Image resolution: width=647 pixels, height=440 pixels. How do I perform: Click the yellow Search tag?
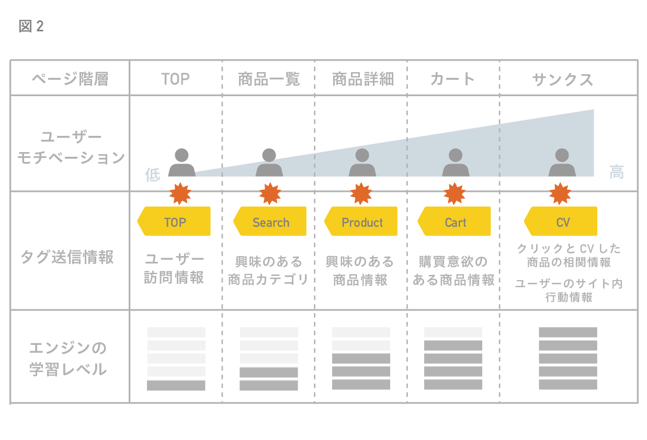pyautogui.click(x=270, y=222)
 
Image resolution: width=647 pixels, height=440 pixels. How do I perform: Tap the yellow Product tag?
pyautogui.click(x=361, y=222)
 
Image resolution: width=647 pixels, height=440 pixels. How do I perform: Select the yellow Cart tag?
pyautogui.click(x=455, y=222)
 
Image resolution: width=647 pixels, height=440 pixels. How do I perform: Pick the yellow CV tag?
pyautogui.click(x=562, y=222)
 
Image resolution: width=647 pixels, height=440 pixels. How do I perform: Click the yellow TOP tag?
pyautogui.click(x=175, y=222)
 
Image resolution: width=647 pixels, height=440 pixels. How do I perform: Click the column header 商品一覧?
pyautogui.click(x=269, y=79)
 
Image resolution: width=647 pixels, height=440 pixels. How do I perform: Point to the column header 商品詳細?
pyautogui.click(x=362, y=79)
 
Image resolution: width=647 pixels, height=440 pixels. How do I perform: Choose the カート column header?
pyautogui.click(x=452, y=79)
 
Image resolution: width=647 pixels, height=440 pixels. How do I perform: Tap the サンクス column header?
pyautogui.click(x=563, y=79)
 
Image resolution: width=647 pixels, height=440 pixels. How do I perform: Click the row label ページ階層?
pyautogui.click(x=70, y=79)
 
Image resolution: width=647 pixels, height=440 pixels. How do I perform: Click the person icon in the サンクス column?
pyautogui.click(x=562, y=163)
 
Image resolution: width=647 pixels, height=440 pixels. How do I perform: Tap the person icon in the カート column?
pyautogui.click(x=456, y=163)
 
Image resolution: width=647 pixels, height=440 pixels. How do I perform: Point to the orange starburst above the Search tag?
pyautogui.click(x=270, y=194)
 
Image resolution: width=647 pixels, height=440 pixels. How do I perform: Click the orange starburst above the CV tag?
pyautogui.click(x=560, y=194)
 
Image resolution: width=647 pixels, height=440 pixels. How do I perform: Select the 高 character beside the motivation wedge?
pyautogui.click(x=617, y=172)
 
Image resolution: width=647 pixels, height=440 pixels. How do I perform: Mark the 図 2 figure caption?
pyautogui.click(x=31, y=27)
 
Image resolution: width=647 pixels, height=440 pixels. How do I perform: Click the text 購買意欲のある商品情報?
pyautogui.click(x=453, y=271)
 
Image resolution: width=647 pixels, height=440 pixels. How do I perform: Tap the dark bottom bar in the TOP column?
pyautogui.click(x=176, y=386)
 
